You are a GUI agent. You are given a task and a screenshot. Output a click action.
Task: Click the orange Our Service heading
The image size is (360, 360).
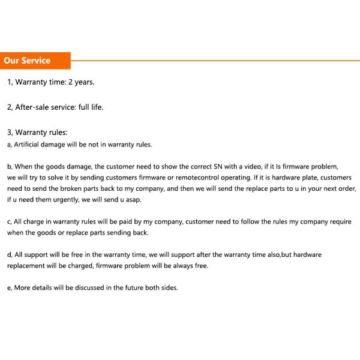27,61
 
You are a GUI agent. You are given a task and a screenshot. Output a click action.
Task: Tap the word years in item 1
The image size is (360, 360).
85,82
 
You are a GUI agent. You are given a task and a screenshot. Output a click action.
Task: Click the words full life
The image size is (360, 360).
91,107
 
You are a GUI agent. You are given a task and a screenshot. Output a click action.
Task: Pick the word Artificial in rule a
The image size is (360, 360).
29,144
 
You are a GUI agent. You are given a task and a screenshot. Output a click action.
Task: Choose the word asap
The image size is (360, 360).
133,199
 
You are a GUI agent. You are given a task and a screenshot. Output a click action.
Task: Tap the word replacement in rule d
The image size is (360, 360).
27,265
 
